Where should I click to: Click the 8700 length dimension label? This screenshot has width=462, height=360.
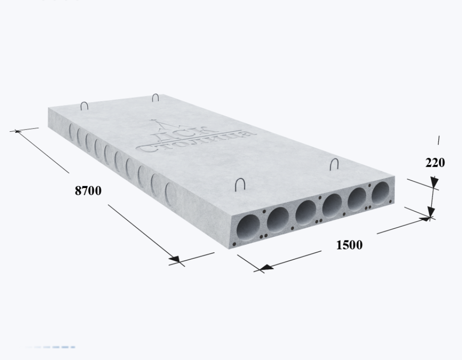[x=88, y=190]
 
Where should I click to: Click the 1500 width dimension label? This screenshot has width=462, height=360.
[x=350, y=245]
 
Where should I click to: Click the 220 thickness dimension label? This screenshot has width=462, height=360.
[x=435, y=163]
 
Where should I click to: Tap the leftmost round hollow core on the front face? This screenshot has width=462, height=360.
[x=248, y=228]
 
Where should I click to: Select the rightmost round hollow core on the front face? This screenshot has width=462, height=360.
[x=381, y=193]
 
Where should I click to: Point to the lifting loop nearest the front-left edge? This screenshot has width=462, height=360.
[x=240, y=184]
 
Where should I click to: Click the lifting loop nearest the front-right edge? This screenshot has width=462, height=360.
[x=334, y=164]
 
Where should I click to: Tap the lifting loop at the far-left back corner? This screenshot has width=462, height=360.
[x=84, y=105]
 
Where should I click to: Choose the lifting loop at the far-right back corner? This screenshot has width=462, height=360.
[x=155, y=97]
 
